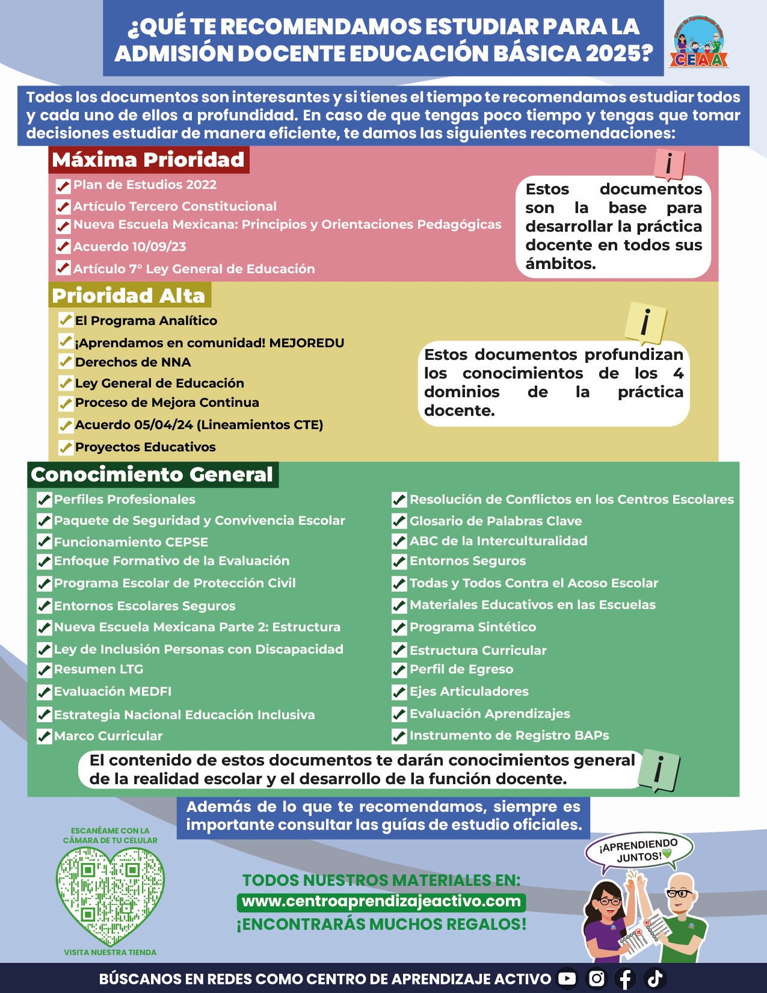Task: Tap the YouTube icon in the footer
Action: pyautogui.click(x=567, y=979)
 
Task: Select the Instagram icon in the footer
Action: pyautogui.click(x=597, y=979)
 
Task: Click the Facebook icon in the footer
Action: pyautogui.click(x=626, y=979)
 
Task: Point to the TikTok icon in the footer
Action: pyautogui.click(x=655, y=979)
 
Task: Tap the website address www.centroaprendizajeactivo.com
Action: pyautogui.click(x=381, y=902)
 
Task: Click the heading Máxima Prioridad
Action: pyautogui.click(x=149, y=159)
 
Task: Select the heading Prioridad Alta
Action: pyautogui.click(x=129, y=295)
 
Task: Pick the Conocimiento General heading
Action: pyautogui.click(x=152, y=474)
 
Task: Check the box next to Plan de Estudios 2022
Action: pyautogui.click(x=63, y=186)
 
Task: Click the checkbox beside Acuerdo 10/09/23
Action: pyautogui.click(x=63, y=247)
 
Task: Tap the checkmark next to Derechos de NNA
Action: pyautogui.click(x=66, y=362)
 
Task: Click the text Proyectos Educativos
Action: pyautogui.click(x=145, y=447)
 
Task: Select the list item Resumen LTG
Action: pyautogui.click(x=99, y=669)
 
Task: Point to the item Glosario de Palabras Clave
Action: pyautogui.click(x=496, y=521)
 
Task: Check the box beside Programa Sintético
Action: pyautogui.click(x=399, y=628)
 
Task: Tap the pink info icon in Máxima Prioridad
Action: pyautogui.click(x=669, y=164)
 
